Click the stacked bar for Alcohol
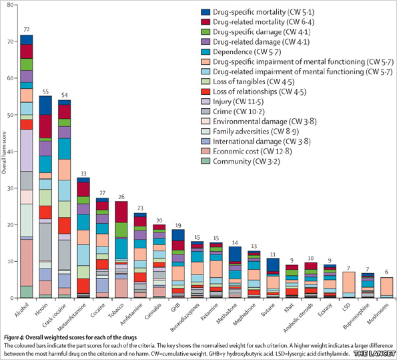click(x=26, y=167)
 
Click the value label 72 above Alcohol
click(x=26, y=30)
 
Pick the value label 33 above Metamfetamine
click(x=83, y=173)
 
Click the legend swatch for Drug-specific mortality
click(x=208, y=13)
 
